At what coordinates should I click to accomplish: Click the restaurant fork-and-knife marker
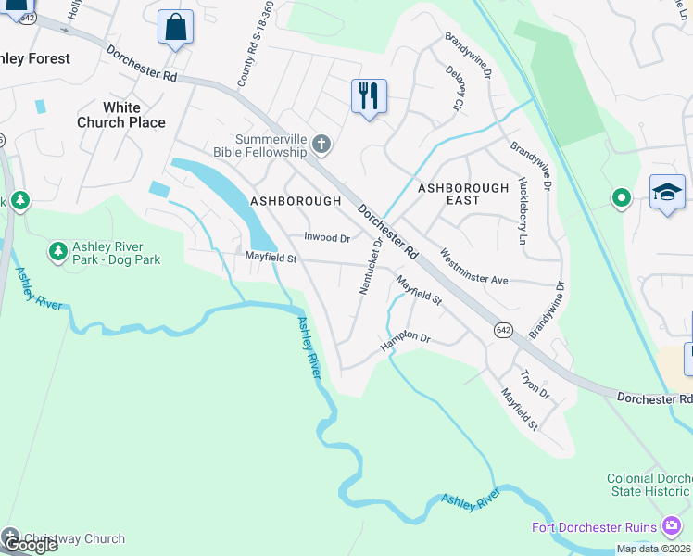tap(369, 95)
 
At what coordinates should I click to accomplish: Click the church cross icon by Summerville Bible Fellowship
tap(321, 145)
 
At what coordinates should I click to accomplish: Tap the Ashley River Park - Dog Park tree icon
tap(57, 250)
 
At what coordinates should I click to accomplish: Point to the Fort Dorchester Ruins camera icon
tap(672, 527)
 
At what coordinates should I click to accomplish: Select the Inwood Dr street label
tap(327, 238)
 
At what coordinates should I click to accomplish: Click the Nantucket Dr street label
tap(370, 269)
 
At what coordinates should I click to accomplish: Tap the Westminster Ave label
tap(474, 267)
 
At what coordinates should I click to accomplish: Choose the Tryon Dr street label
tap(535, 385)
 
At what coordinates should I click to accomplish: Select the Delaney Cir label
tap(455, 89)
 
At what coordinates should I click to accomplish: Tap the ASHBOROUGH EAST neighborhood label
tap(463, 194)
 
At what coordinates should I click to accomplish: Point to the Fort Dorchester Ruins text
tap(594, 527)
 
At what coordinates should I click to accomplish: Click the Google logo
tap(30, 545)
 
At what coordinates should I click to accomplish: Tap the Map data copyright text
tap(653, 549)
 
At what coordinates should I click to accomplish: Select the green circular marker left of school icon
tap(621, 197)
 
